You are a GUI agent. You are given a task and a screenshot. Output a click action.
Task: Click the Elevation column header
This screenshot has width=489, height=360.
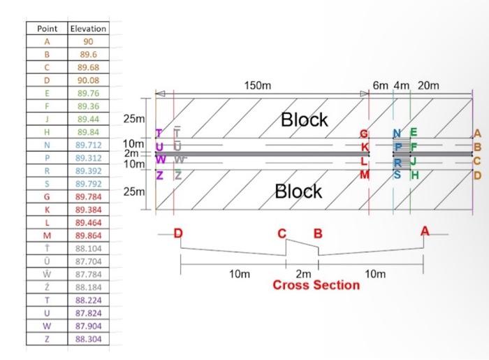point(88,29)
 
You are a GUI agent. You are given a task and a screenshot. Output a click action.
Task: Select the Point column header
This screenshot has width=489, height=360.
point(46,29)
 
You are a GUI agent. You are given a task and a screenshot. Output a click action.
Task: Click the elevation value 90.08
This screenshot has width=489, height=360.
point(88,80)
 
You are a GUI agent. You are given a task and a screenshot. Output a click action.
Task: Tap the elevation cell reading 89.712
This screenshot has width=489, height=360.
point(88,145)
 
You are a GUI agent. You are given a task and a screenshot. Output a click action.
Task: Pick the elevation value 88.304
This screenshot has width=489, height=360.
point(88,338)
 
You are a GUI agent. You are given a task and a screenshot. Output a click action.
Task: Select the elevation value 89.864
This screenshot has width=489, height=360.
point(88,236)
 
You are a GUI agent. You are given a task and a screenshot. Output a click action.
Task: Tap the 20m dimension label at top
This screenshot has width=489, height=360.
point(428,86)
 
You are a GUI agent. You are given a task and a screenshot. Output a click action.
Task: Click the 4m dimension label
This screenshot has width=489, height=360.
point(402,86)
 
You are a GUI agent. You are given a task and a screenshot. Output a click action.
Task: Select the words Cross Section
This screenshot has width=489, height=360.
point(316,285)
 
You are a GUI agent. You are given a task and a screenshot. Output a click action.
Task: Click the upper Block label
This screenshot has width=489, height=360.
point(304,120)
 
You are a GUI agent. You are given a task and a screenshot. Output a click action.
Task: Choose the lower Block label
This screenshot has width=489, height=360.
point(298,191)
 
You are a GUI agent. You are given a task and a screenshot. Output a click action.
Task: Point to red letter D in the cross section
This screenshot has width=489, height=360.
point(178,233)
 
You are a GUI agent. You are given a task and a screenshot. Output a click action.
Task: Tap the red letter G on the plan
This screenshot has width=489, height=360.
point(363,134)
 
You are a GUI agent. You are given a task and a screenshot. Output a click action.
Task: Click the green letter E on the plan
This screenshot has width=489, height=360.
point(414,133)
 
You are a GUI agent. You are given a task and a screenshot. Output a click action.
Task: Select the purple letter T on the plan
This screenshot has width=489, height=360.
point(159,133)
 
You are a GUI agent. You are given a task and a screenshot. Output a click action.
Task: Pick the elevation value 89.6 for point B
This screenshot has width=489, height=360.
point(88,55)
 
